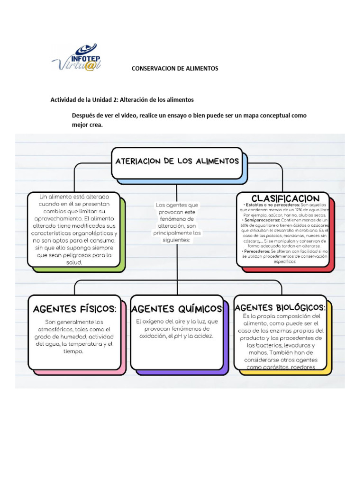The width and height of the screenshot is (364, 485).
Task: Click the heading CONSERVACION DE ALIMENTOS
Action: [175, 69]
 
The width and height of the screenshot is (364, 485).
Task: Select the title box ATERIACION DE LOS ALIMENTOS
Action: [177, 162]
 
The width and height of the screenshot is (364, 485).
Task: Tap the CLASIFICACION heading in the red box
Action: [285, 198]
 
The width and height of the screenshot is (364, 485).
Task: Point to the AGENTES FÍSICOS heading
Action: [74, 309]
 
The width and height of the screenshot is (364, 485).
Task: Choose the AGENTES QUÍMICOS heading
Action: [176, 309]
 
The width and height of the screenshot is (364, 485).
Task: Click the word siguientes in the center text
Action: [177, 240]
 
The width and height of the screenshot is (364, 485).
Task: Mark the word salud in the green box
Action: [75, 262]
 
